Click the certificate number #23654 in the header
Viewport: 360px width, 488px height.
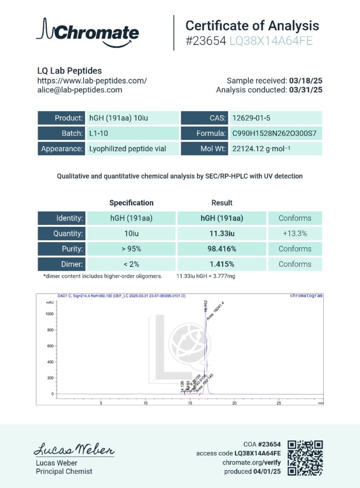tap(206, 41)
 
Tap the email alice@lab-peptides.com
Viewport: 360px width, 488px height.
tap(80, 90)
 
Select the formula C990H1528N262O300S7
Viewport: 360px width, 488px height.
tap(274, 133)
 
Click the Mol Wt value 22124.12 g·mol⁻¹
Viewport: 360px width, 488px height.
tap(262, 149)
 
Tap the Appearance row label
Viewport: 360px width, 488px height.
tap(62, 149)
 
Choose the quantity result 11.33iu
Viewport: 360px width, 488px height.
tap(222, 234)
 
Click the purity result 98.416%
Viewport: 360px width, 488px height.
tap(222, 249)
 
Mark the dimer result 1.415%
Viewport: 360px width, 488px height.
tap(222, 264)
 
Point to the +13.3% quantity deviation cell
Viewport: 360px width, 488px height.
tap(295, 234)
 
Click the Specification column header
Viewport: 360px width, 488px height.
tap(131, 203)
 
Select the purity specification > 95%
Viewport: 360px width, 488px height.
tap(131, 249)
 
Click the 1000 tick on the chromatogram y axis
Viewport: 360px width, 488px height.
tap(49, 314)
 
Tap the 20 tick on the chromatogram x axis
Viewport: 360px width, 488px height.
tap(234, 403)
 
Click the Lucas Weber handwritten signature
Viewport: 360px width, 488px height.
tap(74, 449)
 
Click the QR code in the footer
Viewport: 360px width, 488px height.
tap(305, 458)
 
